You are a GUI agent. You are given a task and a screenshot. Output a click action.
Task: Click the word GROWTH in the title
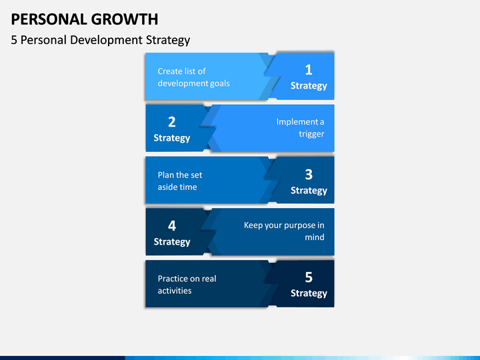coord(125,19)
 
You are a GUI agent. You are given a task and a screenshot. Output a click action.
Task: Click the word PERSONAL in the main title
coord(49,19)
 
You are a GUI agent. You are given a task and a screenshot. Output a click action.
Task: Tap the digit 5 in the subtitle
coord(14,40)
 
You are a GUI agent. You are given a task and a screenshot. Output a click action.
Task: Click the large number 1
coord(309,70)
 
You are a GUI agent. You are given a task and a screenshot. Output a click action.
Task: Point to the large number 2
coord(172,122)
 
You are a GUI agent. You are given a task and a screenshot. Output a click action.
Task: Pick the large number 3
coord(309,175)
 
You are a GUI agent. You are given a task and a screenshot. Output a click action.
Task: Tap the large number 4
coord(172,226)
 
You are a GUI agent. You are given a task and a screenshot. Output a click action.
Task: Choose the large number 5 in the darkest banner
coord(309,277)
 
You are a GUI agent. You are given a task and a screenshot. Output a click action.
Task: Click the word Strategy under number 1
coord(309,86)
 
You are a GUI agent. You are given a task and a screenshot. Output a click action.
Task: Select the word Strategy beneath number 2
coord(172,139)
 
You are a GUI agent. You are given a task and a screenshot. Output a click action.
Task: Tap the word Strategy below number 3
coord(309,191)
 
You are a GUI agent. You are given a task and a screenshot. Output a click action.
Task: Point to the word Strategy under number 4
coord(172,242)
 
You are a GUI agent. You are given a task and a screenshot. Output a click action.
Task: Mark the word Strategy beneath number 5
coord(309,293)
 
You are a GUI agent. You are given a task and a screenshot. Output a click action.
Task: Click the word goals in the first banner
coord(219,84)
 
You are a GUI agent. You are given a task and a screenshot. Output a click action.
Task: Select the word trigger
coord(311,134)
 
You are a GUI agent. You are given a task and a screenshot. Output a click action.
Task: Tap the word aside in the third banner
coord(167,187)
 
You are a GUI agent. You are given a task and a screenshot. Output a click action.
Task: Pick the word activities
coord(175,291)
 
